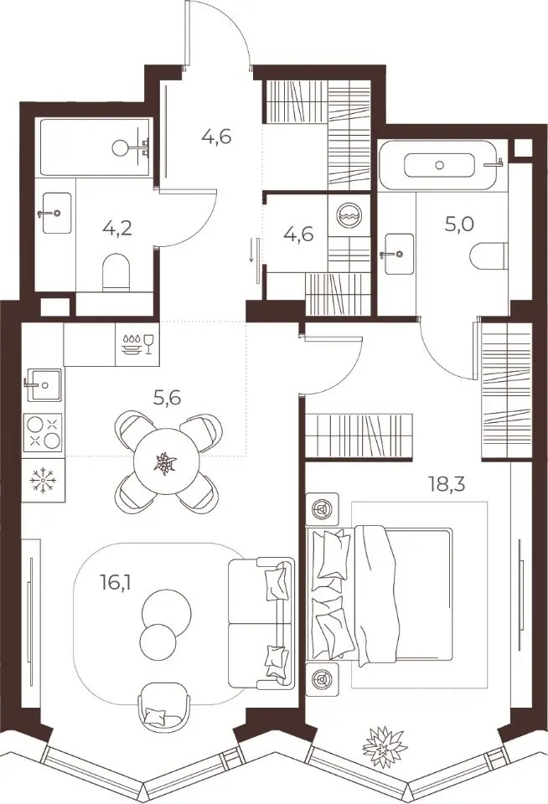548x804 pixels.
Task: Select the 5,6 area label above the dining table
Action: (x=168, y=397)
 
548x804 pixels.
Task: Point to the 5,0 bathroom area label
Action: (x=459, y=224)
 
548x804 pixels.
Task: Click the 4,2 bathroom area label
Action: (x=117, y=227)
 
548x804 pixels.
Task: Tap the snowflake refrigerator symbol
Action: (x=44, y=481)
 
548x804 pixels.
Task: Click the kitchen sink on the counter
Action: (x=43, y=384)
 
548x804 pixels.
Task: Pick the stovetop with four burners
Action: (x=43, y=432)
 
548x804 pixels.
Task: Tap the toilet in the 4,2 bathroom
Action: (x=119, y=274)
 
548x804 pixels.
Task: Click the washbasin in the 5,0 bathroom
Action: (x=398, y=253)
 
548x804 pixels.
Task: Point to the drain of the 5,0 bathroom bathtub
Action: (x=439, y=165)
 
